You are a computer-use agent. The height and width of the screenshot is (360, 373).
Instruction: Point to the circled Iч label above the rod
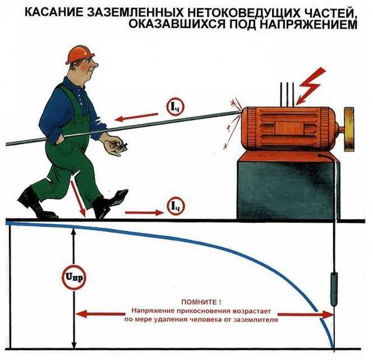pos(174,106)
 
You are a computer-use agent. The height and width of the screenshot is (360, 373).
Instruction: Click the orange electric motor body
pos(286,126)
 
